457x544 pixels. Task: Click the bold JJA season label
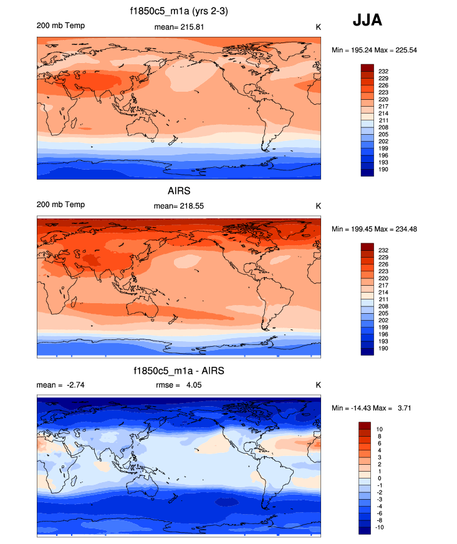point(367,20)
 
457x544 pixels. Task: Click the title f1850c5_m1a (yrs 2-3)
point(178,11)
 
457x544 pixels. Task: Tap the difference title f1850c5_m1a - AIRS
point(178,371)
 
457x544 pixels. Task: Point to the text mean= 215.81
point(179,27)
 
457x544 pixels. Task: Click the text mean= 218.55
point(179,205)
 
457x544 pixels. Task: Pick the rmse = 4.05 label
point(178,385)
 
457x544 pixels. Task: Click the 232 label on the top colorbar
point(382,72)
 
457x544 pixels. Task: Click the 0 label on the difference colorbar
point(378,478)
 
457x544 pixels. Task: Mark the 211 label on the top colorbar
point(382,120)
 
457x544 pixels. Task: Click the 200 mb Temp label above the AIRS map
point(60,205)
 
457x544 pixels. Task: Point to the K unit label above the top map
point(318,27)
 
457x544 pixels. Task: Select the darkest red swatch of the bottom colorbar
point(365,425)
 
